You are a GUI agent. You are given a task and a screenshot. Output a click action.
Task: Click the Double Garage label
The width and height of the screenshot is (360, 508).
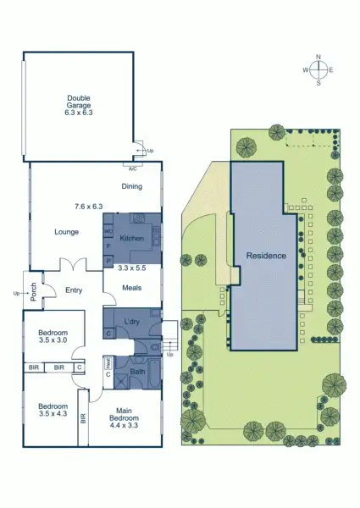pos(79,104)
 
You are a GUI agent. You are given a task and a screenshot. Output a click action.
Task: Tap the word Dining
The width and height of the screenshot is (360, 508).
pos(130,186)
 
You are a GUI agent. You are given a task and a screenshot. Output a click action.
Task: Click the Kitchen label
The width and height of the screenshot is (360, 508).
pos(131,240)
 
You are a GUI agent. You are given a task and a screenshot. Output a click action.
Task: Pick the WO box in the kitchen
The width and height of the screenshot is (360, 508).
pos(108,230)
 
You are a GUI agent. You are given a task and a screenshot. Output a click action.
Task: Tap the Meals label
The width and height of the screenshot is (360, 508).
pos(130,287)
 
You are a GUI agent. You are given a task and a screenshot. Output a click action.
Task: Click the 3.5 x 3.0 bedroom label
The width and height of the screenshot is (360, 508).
pos(53,338)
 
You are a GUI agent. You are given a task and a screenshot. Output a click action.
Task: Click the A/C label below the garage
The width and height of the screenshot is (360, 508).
pos(131,167)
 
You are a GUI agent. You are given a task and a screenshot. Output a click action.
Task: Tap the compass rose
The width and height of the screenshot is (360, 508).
pos(318,70)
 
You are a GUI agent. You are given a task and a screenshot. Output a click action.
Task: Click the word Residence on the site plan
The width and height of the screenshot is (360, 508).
pos(266,255)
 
